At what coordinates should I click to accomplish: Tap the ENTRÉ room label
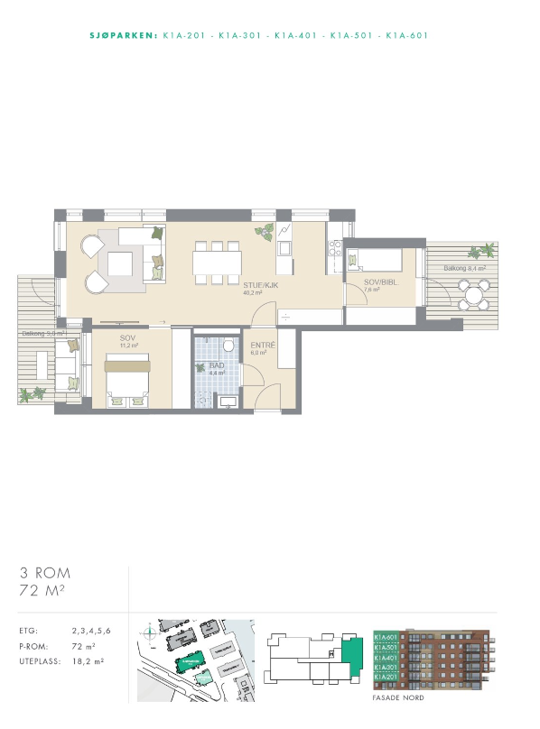(263, 346)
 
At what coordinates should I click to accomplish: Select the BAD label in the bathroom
(217, 365)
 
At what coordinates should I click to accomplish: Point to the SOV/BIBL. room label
(378, 282)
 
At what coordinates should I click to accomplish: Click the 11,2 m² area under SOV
(128, 346)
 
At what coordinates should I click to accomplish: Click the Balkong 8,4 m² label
(464, 268)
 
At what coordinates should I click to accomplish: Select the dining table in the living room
(217, 263)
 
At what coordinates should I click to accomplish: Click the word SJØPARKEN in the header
(125, 36)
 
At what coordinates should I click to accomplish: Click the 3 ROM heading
(45, 573)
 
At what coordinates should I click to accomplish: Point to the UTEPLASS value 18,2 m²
(88, 661)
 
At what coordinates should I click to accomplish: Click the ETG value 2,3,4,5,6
(91, 631)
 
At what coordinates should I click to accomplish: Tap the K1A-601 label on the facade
(386, 637)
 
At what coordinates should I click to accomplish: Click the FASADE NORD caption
(397, 698)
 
